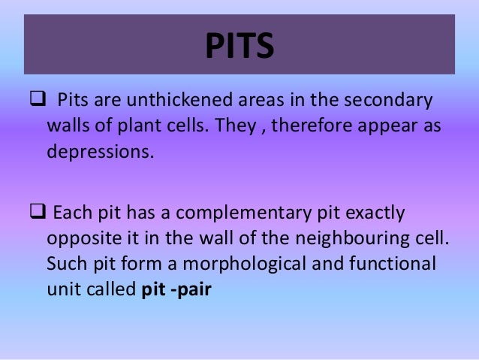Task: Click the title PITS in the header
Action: (239, 47)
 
